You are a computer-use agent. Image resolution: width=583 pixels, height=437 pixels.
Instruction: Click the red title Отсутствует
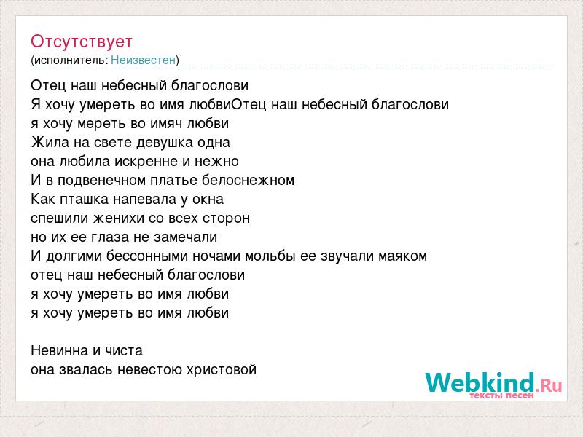82,42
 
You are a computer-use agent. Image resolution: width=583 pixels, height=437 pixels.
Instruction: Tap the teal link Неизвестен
143,60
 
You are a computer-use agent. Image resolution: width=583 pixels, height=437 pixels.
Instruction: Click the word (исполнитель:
69,60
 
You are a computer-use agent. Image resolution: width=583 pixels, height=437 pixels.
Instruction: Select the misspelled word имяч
166,123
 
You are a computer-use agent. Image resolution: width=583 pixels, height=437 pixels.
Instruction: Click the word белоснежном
248,180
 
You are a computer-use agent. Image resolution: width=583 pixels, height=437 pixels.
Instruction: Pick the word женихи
119,218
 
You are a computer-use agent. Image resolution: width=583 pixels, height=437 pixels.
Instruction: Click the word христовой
222,370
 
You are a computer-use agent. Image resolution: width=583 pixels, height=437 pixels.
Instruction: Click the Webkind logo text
480,382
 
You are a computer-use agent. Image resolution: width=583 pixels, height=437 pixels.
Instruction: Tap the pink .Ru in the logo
549,386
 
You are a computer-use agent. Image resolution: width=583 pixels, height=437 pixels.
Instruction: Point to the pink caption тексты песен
501,395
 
